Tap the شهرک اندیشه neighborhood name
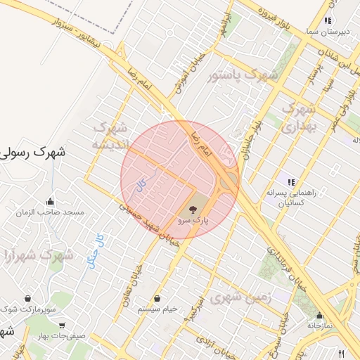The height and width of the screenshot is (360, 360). (x=110, y=136)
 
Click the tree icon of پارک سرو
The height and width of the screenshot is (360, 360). (x=193, y=208)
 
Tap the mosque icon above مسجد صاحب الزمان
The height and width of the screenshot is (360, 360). (x=51, y=202)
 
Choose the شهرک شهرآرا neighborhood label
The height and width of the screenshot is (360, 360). (x=38, y=255)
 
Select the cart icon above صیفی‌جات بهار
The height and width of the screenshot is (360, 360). (x=63, y=325)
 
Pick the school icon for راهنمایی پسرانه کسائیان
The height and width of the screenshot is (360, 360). (x=290, y=182)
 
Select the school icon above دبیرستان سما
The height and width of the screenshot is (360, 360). (x=328, y=21)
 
